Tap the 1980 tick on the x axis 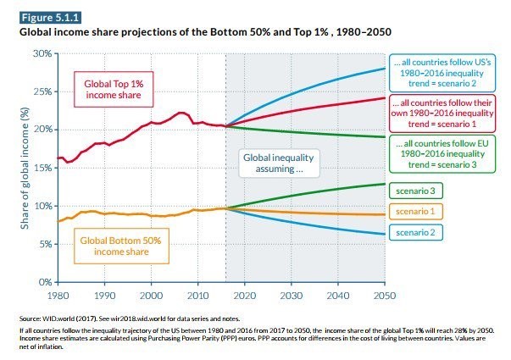(x=58, y=296)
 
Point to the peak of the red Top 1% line (x=181, y=112)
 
